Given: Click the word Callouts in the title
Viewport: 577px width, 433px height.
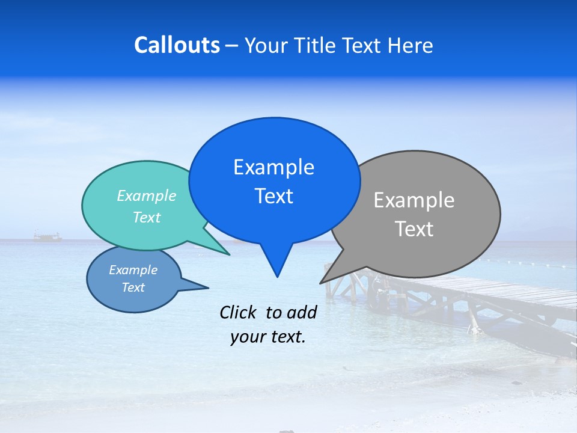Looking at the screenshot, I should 177,46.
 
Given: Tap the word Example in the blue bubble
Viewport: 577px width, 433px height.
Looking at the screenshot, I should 273,167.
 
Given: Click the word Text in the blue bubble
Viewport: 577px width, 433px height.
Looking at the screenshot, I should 273,196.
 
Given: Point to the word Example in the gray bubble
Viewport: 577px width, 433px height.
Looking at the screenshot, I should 414,200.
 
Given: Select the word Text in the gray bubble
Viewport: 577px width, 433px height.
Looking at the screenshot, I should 414,229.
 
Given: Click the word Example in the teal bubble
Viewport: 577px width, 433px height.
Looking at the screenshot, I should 146,195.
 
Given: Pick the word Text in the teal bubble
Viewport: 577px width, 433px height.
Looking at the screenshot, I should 146,217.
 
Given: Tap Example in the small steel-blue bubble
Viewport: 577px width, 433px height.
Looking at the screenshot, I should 133,270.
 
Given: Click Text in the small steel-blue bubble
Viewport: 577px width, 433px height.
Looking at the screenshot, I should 133,287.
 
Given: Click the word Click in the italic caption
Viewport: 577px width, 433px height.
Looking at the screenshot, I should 239,312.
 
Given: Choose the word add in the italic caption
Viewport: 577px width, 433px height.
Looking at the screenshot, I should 302,312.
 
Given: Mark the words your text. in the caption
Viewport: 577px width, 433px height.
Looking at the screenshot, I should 267,337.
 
